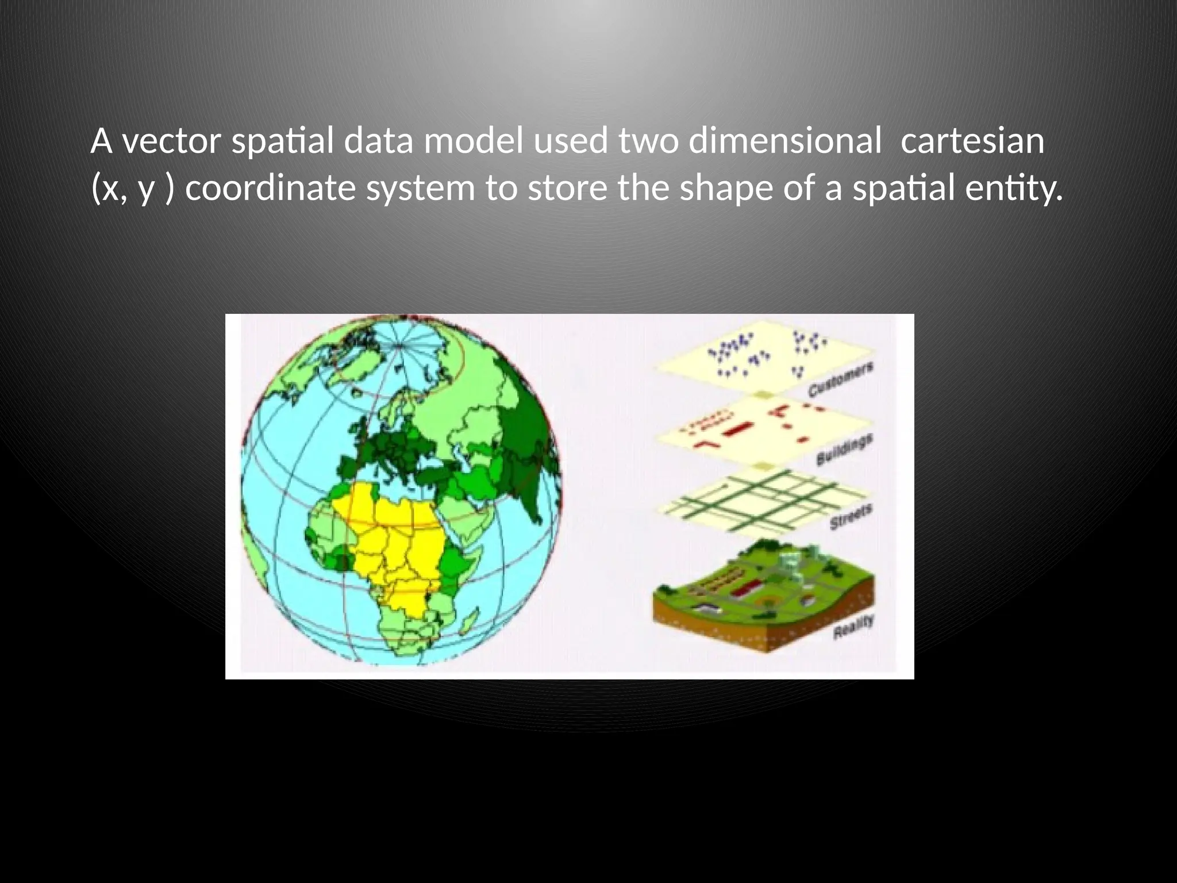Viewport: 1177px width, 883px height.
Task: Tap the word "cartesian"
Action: coord(972,141)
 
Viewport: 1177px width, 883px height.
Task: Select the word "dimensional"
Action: coord(784,141)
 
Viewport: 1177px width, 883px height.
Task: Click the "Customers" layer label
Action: coord(841,380)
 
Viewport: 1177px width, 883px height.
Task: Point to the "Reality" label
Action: coord(853,627)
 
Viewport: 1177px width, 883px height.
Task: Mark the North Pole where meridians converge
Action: coord(400,345)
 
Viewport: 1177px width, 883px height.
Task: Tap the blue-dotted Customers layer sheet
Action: coord(764,359)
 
